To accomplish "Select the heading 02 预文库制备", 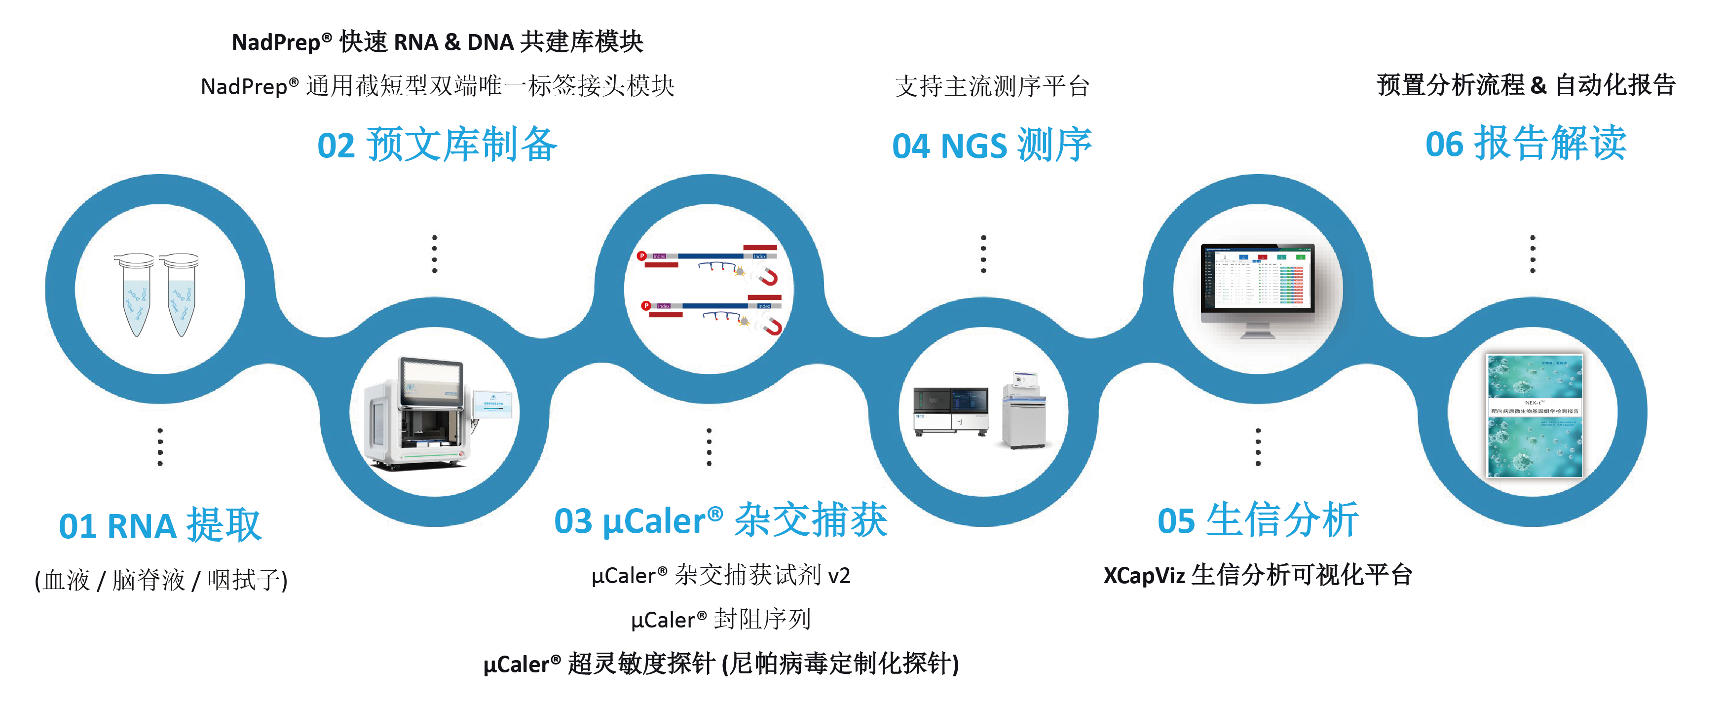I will (x=437, y=145).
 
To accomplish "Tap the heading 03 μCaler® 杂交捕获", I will (x=720, y=521).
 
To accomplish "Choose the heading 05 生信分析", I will (x=1258, y=521).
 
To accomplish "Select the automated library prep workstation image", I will (x=428, y=415).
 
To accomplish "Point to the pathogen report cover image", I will (x=1535, y=415).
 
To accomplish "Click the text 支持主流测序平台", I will (x=992, y=86).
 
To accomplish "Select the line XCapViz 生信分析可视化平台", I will (x=1258, y=575).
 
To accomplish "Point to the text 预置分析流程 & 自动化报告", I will (x=1526, y=85).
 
